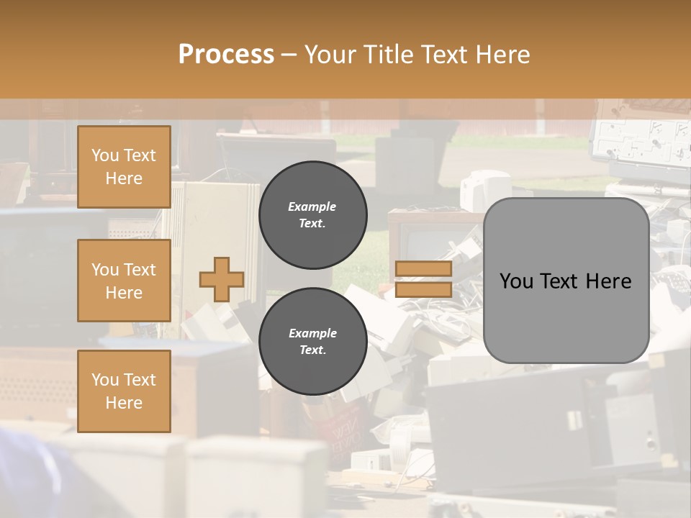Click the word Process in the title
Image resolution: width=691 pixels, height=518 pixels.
coord(226,55)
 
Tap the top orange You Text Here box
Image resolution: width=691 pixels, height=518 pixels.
coord(124,167)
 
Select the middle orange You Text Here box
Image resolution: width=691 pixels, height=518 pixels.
coord(124,281)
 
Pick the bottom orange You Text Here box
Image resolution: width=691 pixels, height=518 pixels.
coord(124,391)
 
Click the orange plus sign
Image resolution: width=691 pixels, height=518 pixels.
coord(222,280)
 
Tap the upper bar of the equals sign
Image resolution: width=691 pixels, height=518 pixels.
coord(424,269)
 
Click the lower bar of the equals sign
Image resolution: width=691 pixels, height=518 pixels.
coord(424,289)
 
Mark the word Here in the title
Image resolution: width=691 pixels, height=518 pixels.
coord(502,55)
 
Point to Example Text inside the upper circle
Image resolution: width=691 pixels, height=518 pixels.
coord(312,215)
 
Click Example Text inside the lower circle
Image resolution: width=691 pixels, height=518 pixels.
coord(312,342)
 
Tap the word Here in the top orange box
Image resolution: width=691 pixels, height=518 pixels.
coord(124,178)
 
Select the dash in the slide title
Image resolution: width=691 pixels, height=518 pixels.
coord(289,55)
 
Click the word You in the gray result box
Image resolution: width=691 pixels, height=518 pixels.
coord(516,281)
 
